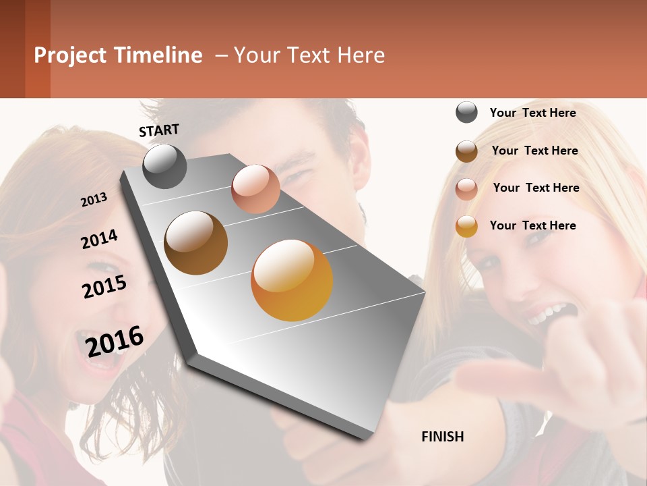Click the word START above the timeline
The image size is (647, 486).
pyautogui.click(x=159, y=130)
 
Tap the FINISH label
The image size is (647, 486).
pyautogui.click(x=443, y=437)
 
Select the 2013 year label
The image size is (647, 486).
pyautogui.click(x=94, y=200)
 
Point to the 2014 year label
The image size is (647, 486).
pyautogui.click(x=99, y=239)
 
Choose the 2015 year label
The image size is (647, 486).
pyautogui.click(x=104, y=286)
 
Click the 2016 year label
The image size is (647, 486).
pyautogui.click(x=115, y=341)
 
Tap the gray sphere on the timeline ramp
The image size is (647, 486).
pyautogui.click(x=164, y=167)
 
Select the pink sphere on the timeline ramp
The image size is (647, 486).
pyautogui.click(x=255, y=189)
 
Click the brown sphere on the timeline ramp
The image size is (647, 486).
pyautogui.click(x=195, y=243)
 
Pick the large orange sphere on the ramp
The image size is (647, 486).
pyautogui.click(x=292, y=280)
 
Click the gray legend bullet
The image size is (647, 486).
pyautogui.click(x=466, y=113)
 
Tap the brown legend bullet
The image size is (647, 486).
pyautogui.click(x=466, y=151)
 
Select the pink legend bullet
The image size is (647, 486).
pyautogui.click(x=466, y=189)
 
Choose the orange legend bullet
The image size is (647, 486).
pyautogui.click(x=466, y=226)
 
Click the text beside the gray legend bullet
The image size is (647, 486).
pyautogui.click(x=532, y=113)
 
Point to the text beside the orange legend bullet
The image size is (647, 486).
pyautogui.click(x=532, y=225)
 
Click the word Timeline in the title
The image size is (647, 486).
pyautogui.click(x=158, y=55)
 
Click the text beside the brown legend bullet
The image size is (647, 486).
pyautogui.click(x=534, y=151)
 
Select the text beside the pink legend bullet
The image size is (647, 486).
pyautogui.click(x=536, y=188)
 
